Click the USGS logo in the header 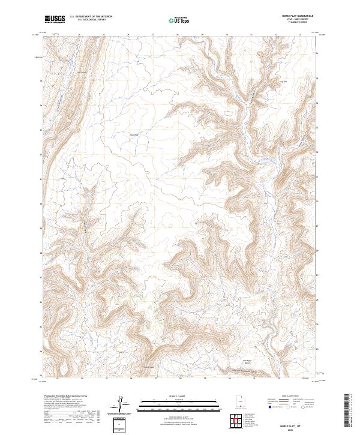click(x=55, y=19)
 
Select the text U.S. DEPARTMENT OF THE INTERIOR click(x=91, y=17)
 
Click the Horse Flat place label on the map click(x=134, y=134)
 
